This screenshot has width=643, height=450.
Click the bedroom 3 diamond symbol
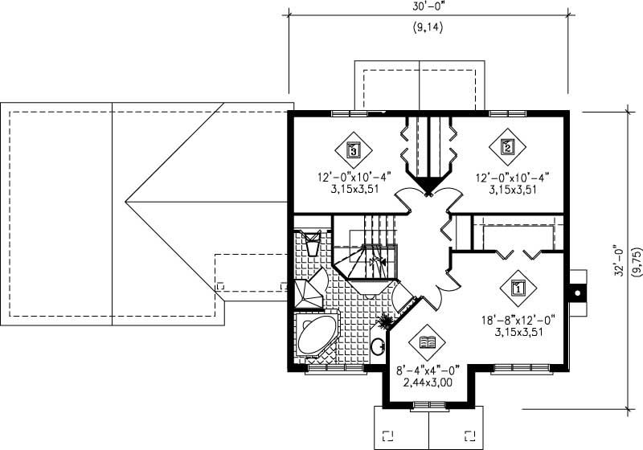coord(352,149)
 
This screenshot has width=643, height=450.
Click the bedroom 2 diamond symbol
coord(507,147)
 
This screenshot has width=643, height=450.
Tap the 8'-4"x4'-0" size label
coord(428,370)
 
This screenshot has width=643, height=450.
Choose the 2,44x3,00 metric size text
coord(428,383)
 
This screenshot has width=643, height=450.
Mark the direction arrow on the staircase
coord(373,261)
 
